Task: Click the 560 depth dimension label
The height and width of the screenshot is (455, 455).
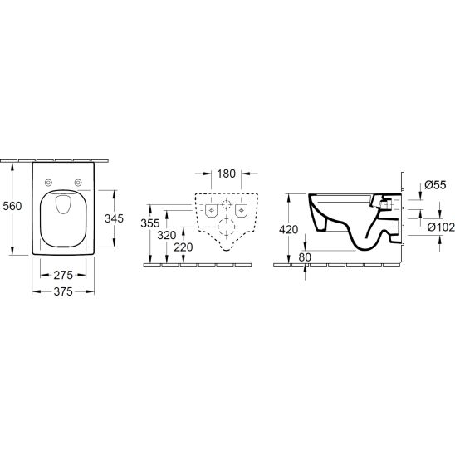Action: (x=12, y=206)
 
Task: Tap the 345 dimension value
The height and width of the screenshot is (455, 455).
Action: (x=114, y=218)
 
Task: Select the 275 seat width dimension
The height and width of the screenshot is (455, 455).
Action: (x=63, y=275)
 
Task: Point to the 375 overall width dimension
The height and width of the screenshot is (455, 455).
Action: (x=63, y=291)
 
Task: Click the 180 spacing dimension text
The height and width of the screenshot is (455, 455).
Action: (x=227, y=174)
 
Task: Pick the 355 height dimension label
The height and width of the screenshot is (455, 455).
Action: (x=150, y=223)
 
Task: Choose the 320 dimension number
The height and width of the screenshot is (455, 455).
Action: (x=167, y=235)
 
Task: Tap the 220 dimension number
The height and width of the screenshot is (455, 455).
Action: (x=183, y=247)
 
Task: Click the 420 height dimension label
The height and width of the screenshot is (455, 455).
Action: (x=288, y=229)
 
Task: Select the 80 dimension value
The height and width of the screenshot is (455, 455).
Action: (x=305, y=257)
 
